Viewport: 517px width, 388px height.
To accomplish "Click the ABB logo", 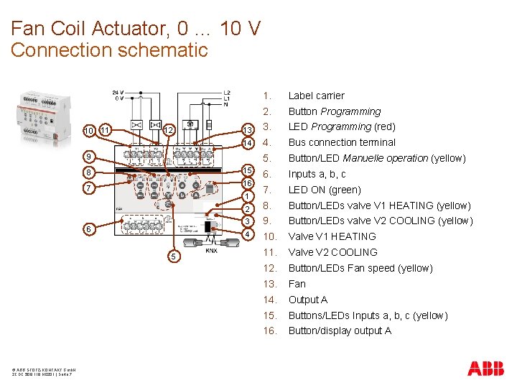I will click(486, 369).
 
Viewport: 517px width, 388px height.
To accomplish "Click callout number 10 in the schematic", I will click(88, 130).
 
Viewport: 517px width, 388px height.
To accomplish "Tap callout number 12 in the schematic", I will click(168, 130).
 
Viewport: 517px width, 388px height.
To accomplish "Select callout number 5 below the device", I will click(172, 257).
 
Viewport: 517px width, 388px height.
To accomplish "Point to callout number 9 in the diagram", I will click(88, 157).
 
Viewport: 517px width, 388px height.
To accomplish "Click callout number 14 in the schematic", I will click(247, 143).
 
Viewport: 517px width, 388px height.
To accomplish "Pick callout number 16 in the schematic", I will click(247, 183).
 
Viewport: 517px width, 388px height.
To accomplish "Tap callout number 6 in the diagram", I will click(88, 228).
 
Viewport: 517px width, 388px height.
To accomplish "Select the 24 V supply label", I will click(117, 93).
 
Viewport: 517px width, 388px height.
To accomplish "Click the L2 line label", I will click(227, 93).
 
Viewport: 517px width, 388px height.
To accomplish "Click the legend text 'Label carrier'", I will click(316, 96).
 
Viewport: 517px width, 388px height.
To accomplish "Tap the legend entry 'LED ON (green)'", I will click(325, 190).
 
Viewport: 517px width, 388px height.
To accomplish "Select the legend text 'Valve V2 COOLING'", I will click(332, 252).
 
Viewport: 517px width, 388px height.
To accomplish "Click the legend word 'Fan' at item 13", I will click(297, 284).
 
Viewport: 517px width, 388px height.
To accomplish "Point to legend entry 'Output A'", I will click(308, 300).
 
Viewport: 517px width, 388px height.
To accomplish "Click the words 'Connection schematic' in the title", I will click(109, 50).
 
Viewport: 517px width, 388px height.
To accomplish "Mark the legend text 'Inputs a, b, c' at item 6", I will click(317, 174).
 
